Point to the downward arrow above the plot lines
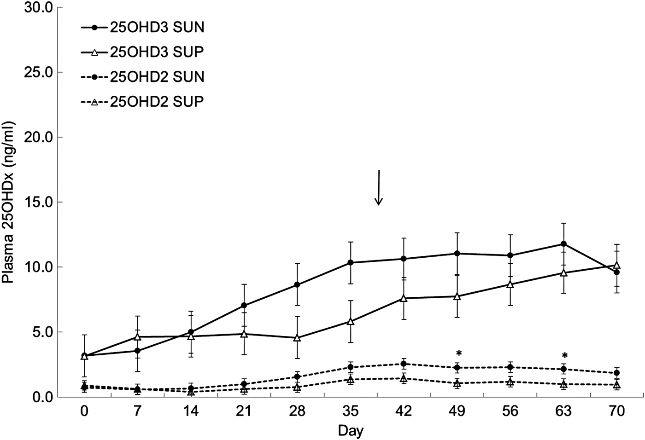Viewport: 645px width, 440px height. tap(378, 188)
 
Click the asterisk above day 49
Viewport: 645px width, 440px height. tap(458, 354)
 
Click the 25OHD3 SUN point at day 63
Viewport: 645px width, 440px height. tap(563, 244)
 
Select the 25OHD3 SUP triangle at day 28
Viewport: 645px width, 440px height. tap(297, 338)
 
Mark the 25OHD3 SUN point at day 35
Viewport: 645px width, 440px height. tap(351, 262)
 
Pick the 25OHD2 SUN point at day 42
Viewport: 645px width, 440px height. tap(404, 364)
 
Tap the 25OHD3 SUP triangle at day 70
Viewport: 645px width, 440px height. tap(617, 266)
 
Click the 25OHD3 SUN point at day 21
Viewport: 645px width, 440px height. tap(244, 305)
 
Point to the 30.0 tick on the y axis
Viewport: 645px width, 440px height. tap(39, 8)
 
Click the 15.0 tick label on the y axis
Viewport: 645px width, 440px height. tap(39, 202)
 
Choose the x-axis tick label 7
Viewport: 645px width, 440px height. tap(137, 411)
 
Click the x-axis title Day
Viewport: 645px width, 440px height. tap(351, 431)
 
